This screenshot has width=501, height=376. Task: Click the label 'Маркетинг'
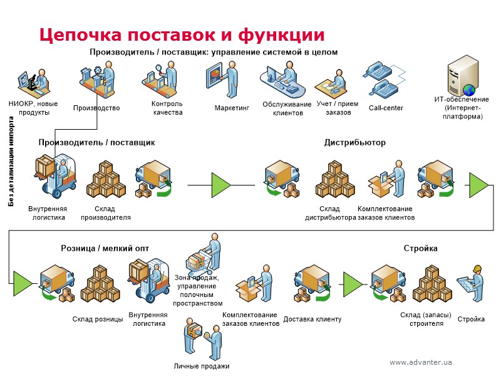[x=232, y=108]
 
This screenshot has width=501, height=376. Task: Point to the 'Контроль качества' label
[x=167, y=108]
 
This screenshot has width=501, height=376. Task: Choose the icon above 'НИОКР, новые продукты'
[x=31, y=81]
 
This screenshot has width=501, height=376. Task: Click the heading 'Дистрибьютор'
[x=354, y=142]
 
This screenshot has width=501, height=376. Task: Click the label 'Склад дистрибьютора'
[x=329, y=213]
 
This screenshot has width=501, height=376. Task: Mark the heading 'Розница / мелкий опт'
[x=105, y=248]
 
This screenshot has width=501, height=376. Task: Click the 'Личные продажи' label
[x=201, y=366]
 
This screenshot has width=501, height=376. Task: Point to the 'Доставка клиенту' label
[x=312, y=319]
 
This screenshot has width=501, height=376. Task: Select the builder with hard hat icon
[x=471, y=281]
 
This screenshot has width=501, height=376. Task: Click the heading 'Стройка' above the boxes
[x=420, y=248]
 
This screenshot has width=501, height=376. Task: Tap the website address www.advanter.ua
[x=420, y=362]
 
